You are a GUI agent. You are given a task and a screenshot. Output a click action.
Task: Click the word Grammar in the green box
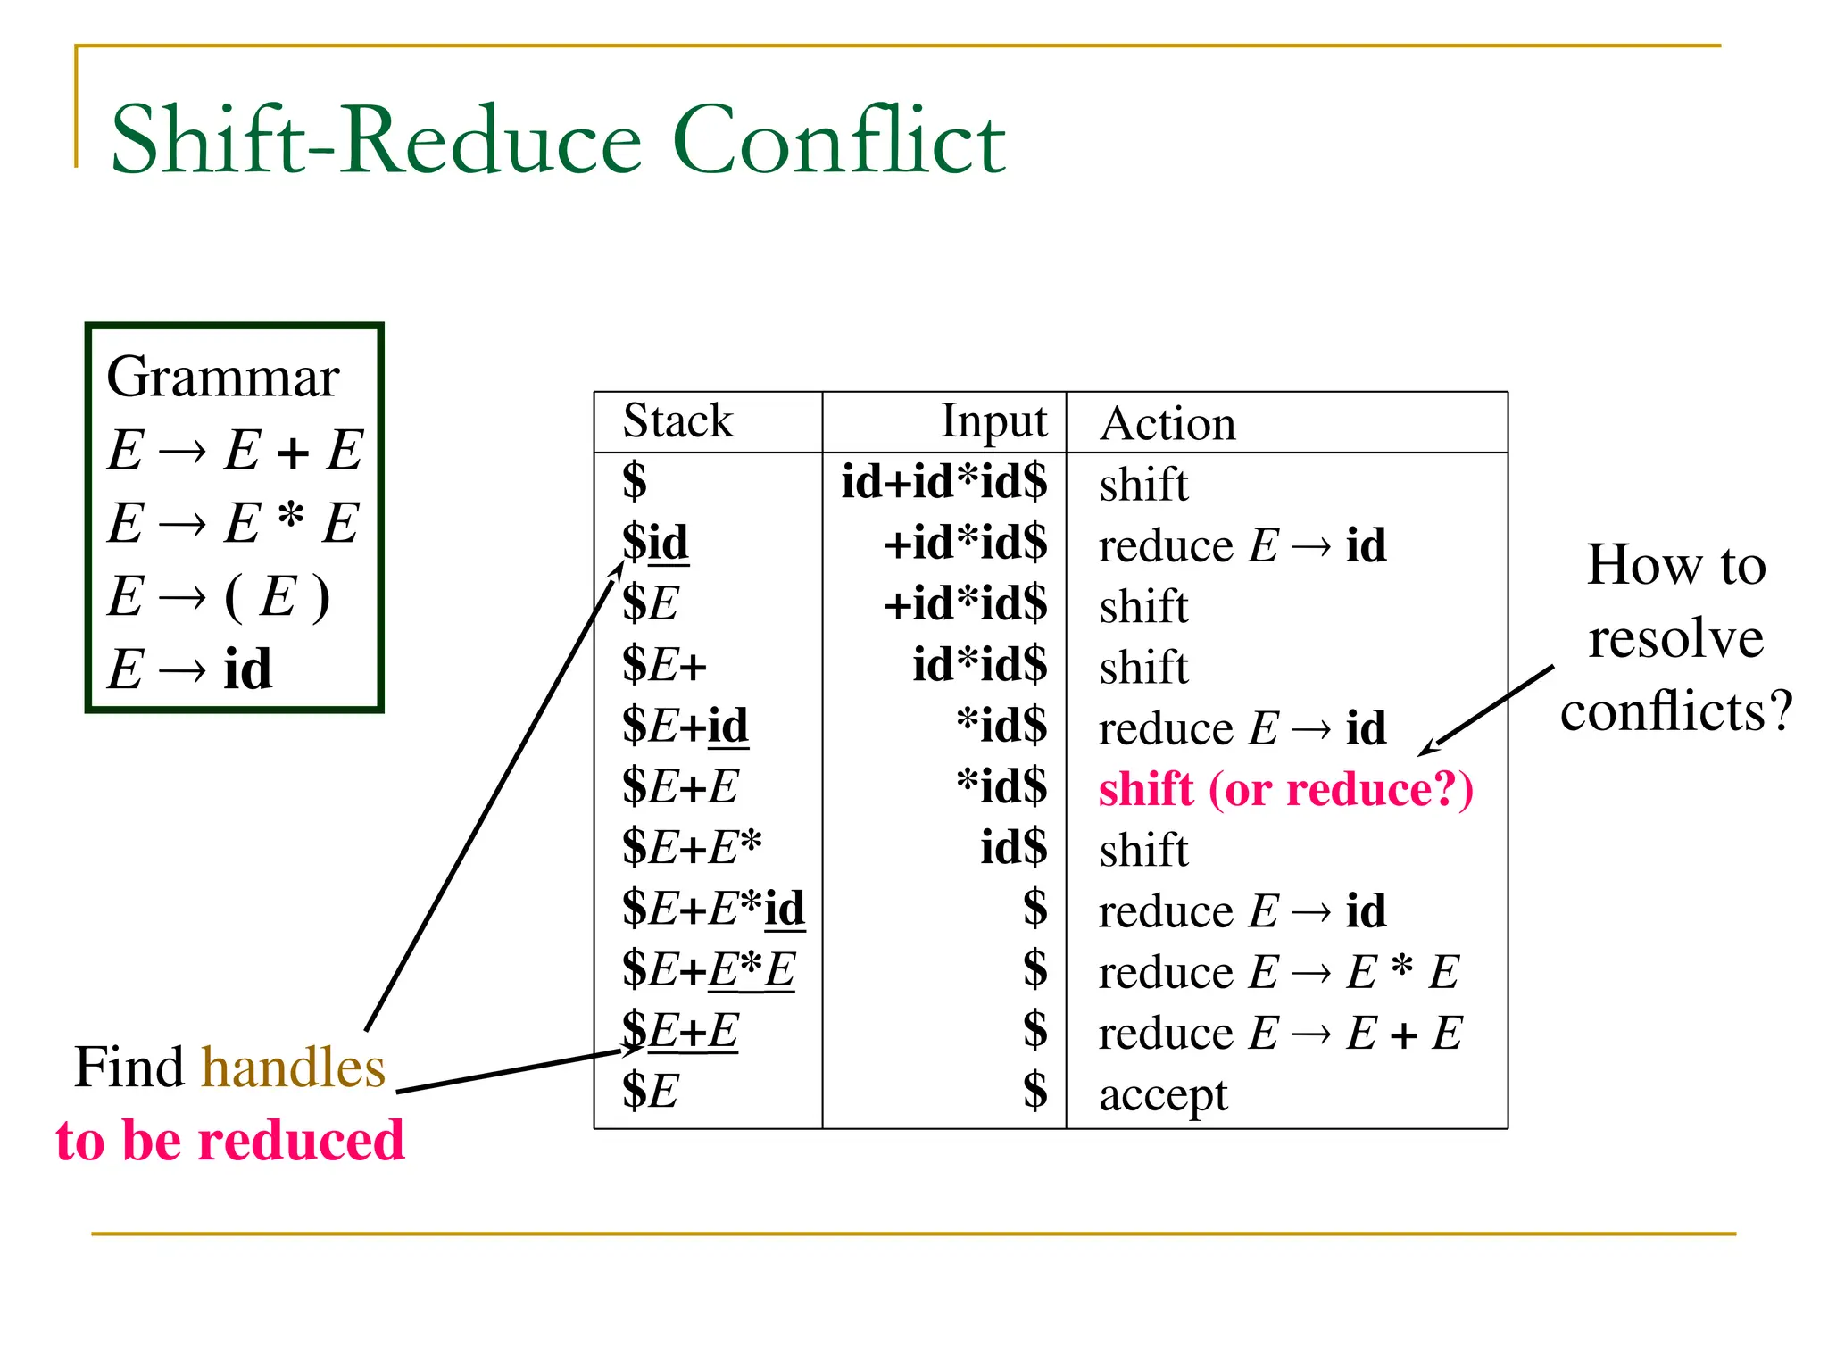tap(222, 377)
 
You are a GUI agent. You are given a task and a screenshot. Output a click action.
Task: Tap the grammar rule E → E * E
tap(233, 522)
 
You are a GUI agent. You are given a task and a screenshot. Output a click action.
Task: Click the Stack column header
tap(677, 421)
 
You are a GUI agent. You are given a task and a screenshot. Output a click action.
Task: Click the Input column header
tap(993, 421)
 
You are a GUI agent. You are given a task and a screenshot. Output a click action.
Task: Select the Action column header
tap(1167, 423)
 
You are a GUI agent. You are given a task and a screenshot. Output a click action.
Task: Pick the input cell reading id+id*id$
tap(944, 482)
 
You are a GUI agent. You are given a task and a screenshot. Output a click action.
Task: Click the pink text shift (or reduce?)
tap(1285, 789)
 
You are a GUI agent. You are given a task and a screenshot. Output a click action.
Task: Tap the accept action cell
tap(1163, 1094)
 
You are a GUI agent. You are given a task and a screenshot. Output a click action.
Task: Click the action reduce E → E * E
tap(1278, 972)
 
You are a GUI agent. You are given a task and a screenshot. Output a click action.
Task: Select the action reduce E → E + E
tap(1279, 1034)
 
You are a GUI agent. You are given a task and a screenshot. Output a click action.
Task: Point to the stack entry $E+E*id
tap(713, 909)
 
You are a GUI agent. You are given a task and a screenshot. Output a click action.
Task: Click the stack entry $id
tap(655, 543)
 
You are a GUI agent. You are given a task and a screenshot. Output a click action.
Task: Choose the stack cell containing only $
tap(634, 482)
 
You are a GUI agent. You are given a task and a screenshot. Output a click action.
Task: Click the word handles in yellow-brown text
tap(294, 1068)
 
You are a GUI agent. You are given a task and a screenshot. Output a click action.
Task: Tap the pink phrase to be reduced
tap(230, 1140)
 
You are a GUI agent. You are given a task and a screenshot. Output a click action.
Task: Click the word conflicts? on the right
tap(1675, 711)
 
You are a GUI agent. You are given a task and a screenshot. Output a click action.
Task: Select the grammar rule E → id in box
tap(189, 669)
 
